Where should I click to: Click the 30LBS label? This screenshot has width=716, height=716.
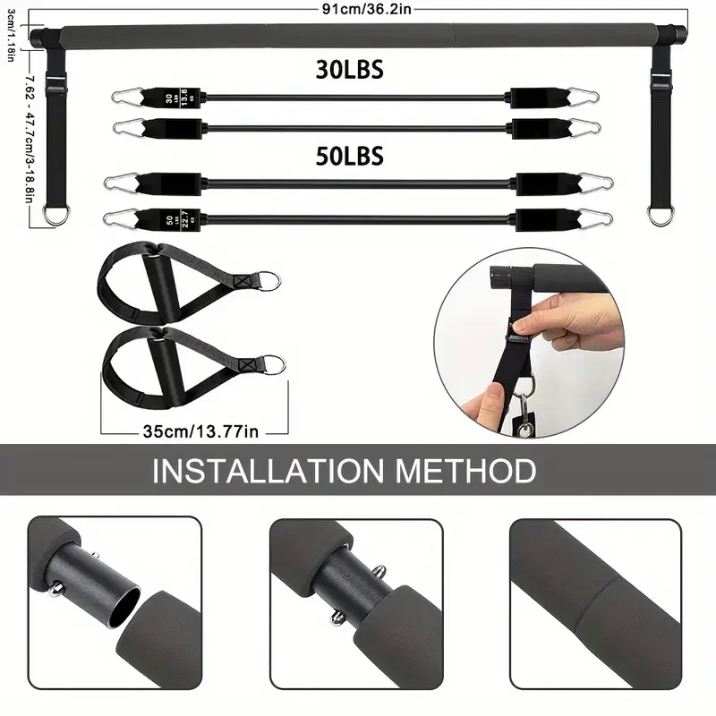pos(349,70)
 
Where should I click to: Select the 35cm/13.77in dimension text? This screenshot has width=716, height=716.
pos(201,430)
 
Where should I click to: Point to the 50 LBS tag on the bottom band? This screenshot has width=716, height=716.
pos(170,217)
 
